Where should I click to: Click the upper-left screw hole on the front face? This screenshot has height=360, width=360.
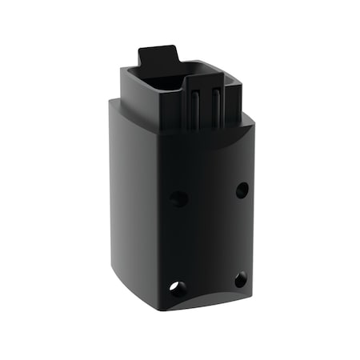[x=179, y=198]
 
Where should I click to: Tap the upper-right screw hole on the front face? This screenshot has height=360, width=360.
[x=242, y=190]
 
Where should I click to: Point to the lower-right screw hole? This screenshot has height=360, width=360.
[x=240, y=279]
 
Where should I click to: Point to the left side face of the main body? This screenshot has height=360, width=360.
[x=132, y=200]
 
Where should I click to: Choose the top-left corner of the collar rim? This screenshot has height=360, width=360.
[x=122, y=71]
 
